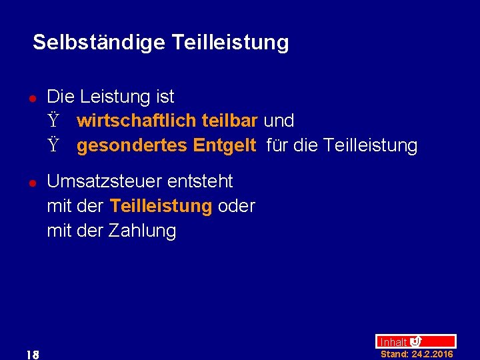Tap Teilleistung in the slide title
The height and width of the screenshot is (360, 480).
(x=230, y=43)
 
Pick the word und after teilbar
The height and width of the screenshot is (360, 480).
(x=279, y=121)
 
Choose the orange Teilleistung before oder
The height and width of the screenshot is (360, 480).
(x=161, y=207)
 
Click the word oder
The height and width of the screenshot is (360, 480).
(x=237, y=207)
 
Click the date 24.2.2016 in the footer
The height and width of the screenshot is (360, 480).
(x=432, y=354)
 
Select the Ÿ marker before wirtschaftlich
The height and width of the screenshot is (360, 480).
(x=53, y=121)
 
